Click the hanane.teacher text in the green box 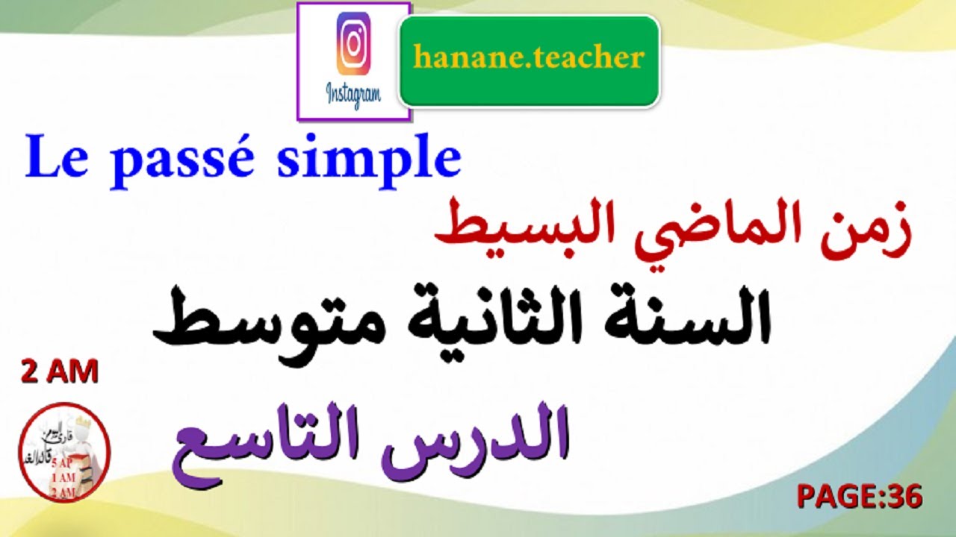tap(529, 57)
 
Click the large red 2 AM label tap(60, 372)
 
